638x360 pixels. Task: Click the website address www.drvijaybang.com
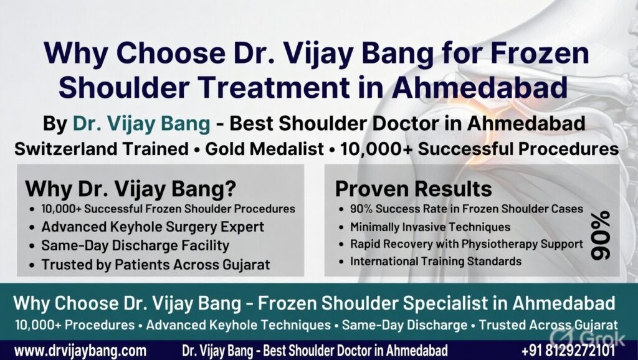pyautogui.click(x=80, y=349)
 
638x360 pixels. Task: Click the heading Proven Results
pyautogui.click(x=414, y=189)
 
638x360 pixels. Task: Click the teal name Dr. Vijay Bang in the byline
pyautogui.click(x=141, y=124)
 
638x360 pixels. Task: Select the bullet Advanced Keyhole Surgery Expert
pyautogui.click(x=153, y=227)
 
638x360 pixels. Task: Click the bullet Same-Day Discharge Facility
pyautogui.click(x=135, y=246)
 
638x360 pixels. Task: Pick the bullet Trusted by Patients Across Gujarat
pyautogui.click(x=156, y=265)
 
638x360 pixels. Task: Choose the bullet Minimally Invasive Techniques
pyautogui.click(x=430, y=227)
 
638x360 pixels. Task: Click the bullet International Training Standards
pyautogui.click(x=436, y=262)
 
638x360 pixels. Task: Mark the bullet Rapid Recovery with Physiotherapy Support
pyautogui.click(x=466, y=244)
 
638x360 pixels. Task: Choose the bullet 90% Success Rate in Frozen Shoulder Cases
pyautogui.click(x=466, y=209)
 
